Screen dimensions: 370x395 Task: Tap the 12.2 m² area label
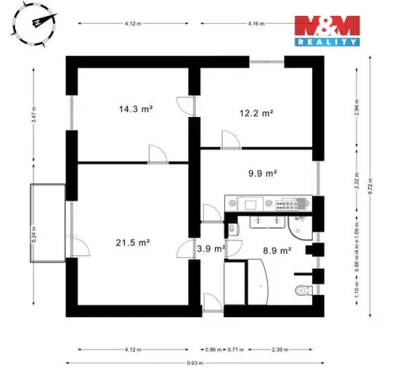(256, 113)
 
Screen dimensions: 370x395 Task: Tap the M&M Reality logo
(327, 30)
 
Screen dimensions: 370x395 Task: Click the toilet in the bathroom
(300, 291)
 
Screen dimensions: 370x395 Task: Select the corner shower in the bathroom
(300, 228)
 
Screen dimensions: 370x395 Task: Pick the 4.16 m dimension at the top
(255, 24)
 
